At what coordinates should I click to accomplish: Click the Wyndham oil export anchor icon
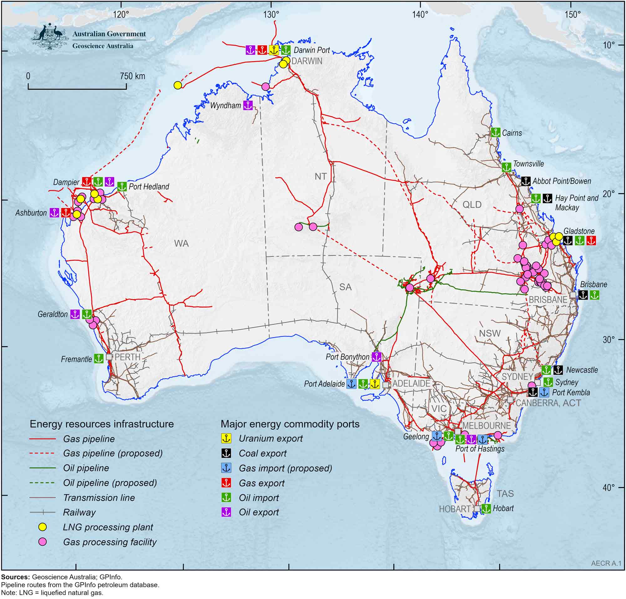click(x=248, y=105)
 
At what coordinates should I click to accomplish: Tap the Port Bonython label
click(x=347, y=357)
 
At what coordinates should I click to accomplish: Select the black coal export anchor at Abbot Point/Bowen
click(x=526, y=181)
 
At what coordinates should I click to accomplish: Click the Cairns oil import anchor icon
click(x=495, y=132)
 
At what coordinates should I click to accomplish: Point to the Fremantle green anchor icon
click(x=99, y=359)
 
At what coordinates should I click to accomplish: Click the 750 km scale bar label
click(x=132, y=76)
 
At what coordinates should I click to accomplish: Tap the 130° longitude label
click(x=271, y=15)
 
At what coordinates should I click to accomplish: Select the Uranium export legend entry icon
click(x=226, y=439)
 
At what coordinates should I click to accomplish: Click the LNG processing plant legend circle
click(x=43, y=527)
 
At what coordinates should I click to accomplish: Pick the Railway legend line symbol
click(x=43, y=512)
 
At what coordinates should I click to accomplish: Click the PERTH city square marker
click(x=109, y=357)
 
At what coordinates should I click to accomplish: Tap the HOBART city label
click(x=455, y=509)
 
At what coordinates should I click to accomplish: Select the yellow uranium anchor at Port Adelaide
click(x=375, y=384)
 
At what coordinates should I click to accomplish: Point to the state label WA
click(x=181, y=244)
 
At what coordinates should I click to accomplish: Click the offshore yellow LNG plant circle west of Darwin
click(x=177, y=85)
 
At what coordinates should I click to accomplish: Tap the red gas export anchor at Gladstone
click(x=591, y=240)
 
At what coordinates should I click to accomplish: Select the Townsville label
click(x=528, y=164)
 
